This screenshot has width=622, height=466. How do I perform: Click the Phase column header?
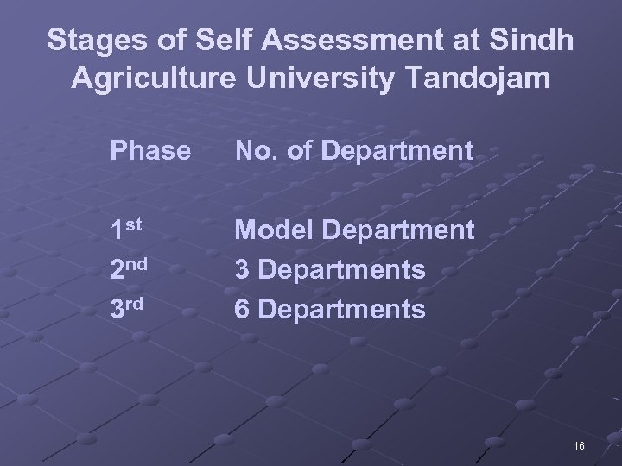tap(149, 152)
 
